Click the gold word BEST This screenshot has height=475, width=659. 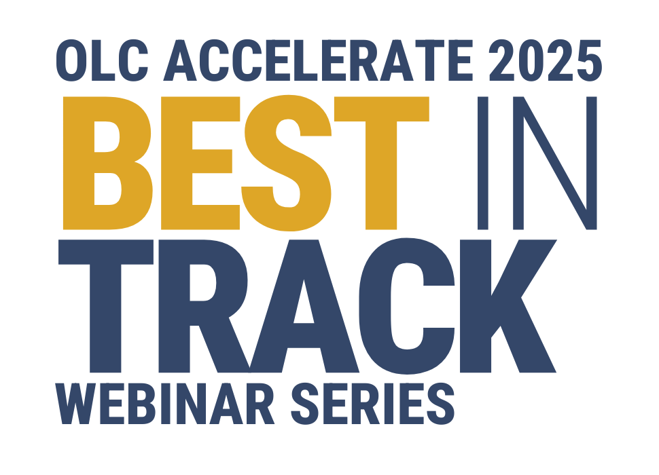pos(245,163)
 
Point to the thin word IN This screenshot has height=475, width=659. pos(537,163)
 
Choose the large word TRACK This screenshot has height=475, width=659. pos(306,305)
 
